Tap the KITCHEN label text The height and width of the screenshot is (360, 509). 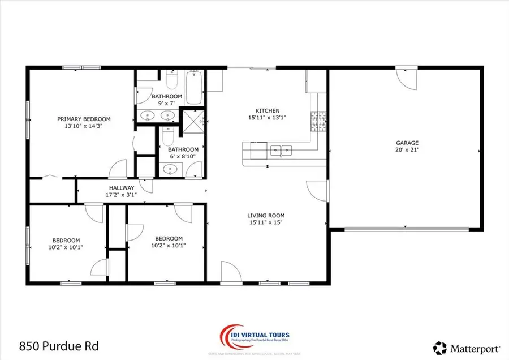[x=268, y=111]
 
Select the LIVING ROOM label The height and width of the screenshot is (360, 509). [x=265, y=215]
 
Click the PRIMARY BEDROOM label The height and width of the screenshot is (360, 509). [x=84, y=119]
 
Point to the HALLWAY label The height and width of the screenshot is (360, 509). [x=122, y=188]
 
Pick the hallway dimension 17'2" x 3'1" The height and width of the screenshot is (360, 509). [x=122, y=195]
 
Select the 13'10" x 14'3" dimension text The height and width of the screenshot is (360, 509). [x=84, y=126]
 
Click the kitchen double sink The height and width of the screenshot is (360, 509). [x=281, y=151]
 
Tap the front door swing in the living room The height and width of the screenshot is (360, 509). [x=230, y=271]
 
